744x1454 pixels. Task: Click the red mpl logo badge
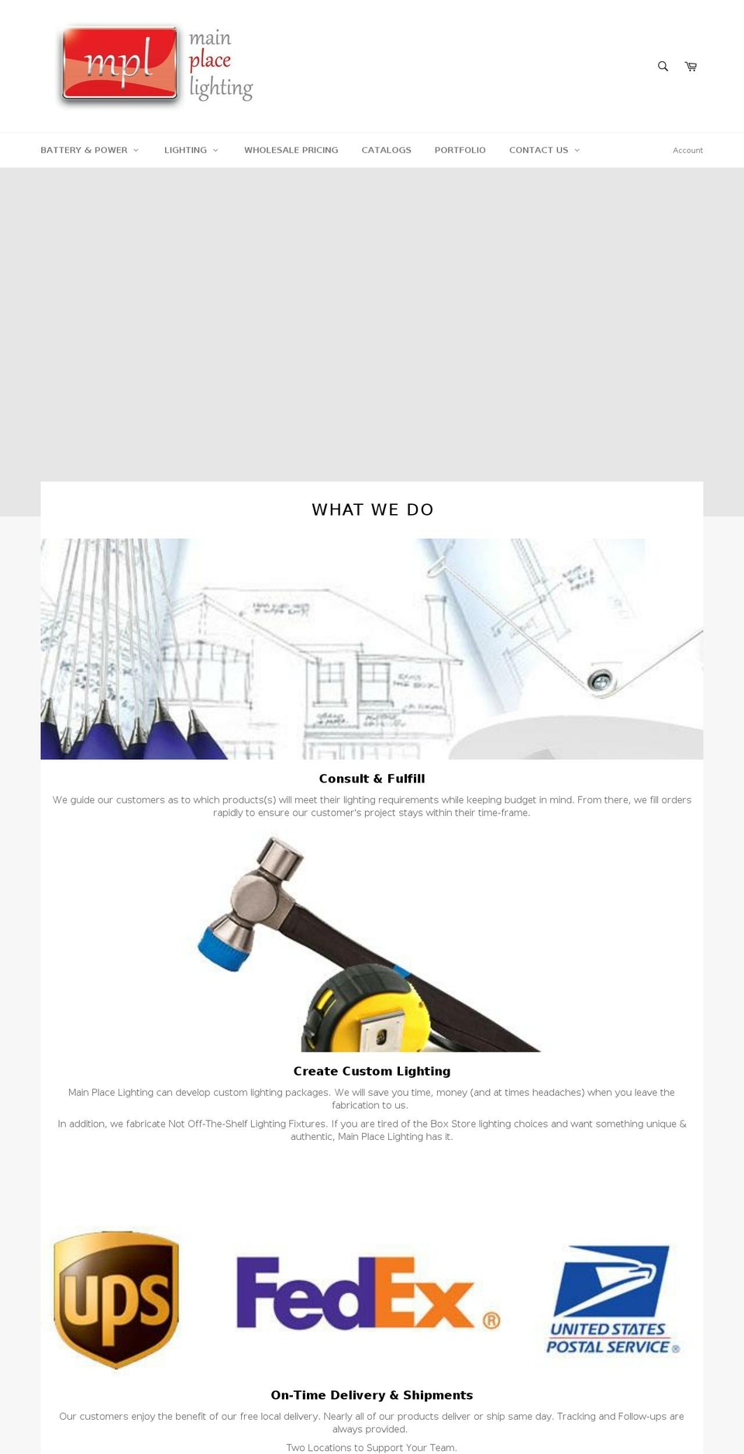tap(120, 64)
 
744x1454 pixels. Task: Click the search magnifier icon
tap(663, 67)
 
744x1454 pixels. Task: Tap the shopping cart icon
tap(691, 67)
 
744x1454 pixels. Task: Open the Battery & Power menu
tap(89, 150)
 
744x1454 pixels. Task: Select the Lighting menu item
tap(191, 150)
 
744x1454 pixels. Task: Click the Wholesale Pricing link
tap(291, 150)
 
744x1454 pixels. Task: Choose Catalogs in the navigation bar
tap(386, 150)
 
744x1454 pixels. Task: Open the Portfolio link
tap(460, 150)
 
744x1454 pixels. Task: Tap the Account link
tap(687, 150)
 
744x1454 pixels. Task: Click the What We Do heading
tap(372, 509)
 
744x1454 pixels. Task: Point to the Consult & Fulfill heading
tap(372, 779)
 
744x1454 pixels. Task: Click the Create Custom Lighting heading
tap(372, 1071)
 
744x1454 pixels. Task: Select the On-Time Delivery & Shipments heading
tap(372, 1395)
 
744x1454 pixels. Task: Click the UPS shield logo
tap(116, 1299)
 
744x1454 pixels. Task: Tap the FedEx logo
tap(367, 1293)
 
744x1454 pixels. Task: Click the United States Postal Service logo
tap(612, 1300)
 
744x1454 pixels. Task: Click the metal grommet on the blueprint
tap(600, 681)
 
